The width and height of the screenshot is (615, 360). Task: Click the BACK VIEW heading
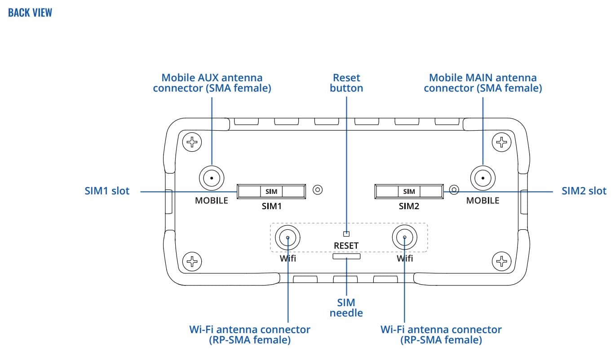point(30,13)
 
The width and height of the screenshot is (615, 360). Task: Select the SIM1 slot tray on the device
point(271,192)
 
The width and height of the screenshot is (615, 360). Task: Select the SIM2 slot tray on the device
point(409,192)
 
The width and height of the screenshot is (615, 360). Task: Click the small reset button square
point(346,233)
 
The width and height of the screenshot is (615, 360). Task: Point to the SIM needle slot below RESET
point(346,256)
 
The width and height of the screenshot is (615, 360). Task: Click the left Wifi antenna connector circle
point(288,238)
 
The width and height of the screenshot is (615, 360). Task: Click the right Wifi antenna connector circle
point(405,238)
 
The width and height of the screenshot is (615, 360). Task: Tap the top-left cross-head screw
point(193,143)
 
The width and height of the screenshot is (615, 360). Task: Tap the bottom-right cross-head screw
point(501,260)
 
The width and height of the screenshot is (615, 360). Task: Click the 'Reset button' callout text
point(346,83)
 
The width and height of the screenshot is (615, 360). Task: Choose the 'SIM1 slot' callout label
point(107,191)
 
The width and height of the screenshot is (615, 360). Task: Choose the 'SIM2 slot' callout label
point(584,191)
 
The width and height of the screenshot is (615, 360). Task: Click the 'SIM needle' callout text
point(346,307)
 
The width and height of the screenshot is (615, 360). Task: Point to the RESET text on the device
point(346,246)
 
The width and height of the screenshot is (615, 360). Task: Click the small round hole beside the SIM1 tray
point(318,189)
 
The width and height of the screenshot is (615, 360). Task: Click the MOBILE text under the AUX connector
point(211,201)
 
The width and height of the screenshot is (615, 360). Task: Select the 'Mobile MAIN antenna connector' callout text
point(483,83)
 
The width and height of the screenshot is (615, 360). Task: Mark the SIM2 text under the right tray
point(409,206)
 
